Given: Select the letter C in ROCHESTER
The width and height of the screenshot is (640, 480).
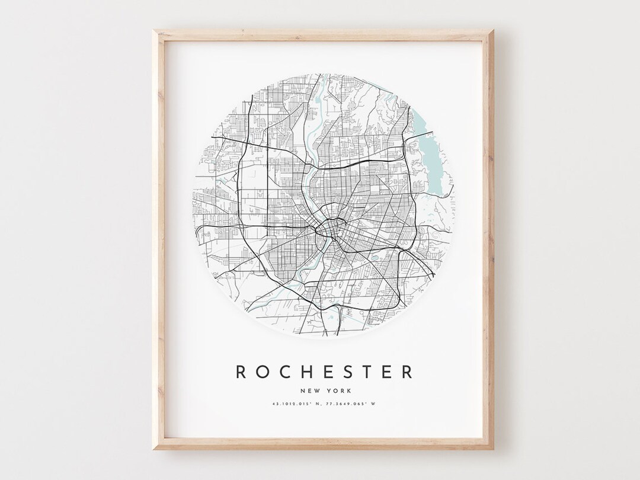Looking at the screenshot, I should (286, 372).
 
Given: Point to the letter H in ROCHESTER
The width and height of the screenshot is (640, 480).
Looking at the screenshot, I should (307, 372).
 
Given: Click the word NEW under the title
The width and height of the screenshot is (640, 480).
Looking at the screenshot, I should (310, 391).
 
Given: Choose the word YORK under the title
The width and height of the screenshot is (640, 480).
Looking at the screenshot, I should (338, 391).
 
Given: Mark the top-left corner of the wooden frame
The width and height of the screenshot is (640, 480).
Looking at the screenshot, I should (154, 31).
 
